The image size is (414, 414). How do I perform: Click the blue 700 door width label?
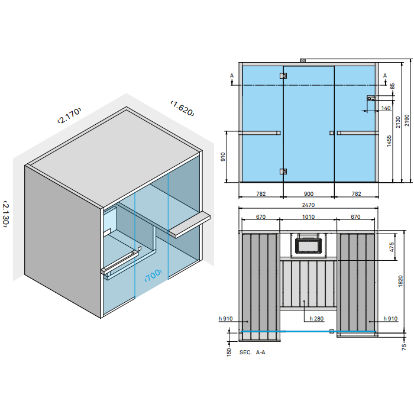153,275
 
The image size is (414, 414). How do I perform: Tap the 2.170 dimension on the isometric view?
69,115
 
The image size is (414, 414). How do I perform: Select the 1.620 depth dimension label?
182,108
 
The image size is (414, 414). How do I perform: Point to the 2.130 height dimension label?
6,214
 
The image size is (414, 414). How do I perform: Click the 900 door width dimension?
308,194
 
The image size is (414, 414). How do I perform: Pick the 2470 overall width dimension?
308,205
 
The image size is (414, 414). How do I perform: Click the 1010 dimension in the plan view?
308,217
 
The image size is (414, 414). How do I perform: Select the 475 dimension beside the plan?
392,247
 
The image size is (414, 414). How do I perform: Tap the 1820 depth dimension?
400,281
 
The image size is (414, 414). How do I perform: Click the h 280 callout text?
316,319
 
